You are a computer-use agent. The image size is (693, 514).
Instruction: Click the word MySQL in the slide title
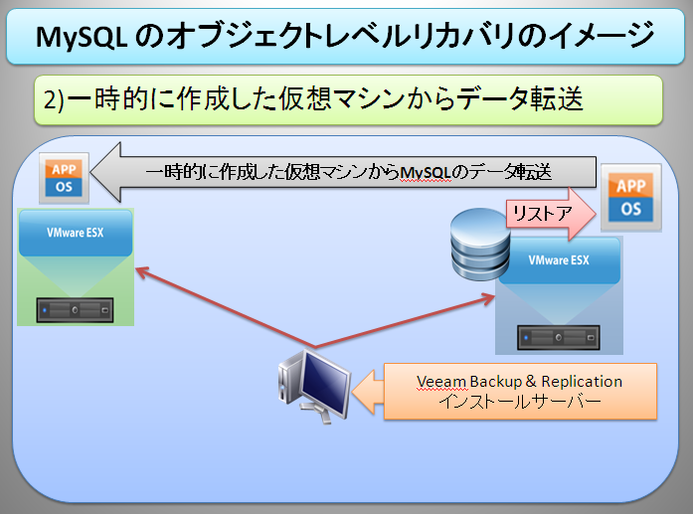[82, 37]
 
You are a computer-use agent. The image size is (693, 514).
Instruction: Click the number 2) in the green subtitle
[54, 99]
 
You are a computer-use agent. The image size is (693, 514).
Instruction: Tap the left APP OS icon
[64, 178]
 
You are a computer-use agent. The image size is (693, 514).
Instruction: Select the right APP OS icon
[630, 197]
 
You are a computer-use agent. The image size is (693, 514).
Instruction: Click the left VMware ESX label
[76, 233]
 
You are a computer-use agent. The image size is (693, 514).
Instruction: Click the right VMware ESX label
[559, 259]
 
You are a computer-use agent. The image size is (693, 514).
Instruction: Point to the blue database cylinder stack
[479, 245]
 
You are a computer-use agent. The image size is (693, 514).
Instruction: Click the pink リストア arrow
[551, 214]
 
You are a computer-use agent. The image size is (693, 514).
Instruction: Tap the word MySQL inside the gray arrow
[426, 173]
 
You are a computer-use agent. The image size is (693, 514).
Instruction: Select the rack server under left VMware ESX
[75, 310]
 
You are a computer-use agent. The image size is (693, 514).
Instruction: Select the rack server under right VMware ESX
[559, 338]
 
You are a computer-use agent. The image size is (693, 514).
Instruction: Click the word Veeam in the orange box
[441, 382]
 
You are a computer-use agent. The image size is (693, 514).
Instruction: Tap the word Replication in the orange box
[582, 382]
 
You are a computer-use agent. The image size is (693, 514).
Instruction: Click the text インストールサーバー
[520, 402]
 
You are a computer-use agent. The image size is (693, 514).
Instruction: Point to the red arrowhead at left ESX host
[141, 271]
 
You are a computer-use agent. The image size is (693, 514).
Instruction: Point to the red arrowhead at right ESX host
[488, 299]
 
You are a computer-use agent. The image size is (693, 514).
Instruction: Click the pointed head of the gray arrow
[106, 172]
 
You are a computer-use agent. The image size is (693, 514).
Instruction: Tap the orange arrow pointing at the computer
[368, 392]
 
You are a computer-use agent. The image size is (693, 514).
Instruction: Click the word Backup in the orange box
[496, 382]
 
